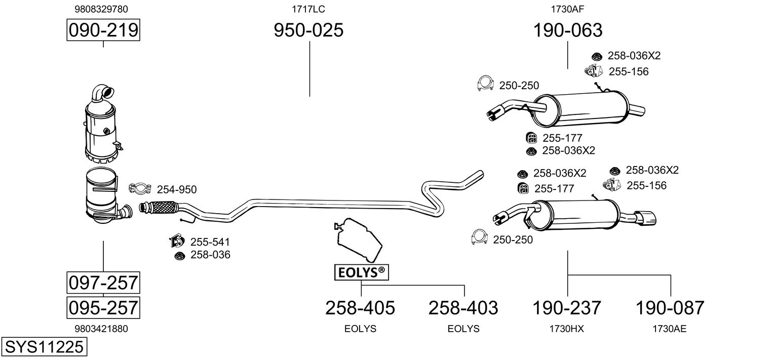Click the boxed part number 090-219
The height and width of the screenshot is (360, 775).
point(103,30)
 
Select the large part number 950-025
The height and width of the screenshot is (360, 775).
point(308,30)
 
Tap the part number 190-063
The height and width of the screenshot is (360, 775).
point(567,30)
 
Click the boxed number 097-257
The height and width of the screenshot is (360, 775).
point(103,283)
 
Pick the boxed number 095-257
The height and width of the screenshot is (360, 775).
point(103,307)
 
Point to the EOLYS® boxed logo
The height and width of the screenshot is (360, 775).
point(361,272)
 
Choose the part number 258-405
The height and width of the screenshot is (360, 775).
point(360,307)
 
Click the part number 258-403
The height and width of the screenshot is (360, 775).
point(463,307)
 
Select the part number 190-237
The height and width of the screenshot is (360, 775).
point(566,307)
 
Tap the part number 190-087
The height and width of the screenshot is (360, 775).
point(670,307)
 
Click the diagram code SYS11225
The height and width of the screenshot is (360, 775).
point(44,347)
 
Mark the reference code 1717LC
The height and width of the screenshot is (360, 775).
point(308,9)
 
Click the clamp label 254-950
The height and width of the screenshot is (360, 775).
point(177,190)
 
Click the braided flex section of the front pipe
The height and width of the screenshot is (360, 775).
point(162,207)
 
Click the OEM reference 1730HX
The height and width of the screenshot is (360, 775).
point(566,329)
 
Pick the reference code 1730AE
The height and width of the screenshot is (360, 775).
point(669,329)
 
